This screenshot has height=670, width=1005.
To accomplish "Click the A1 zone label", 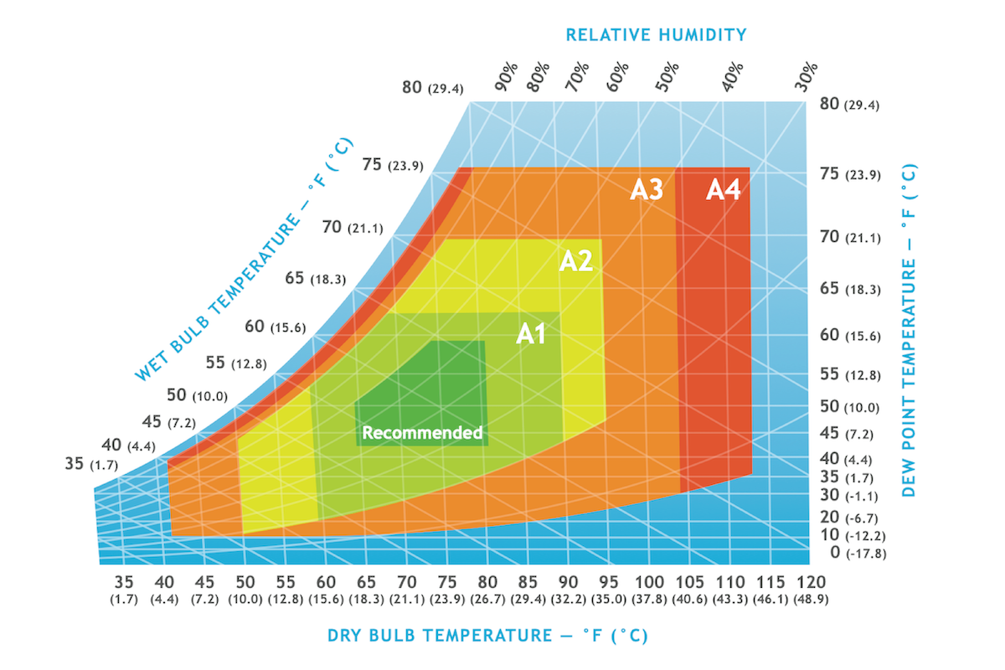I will pyautogui.click(x=531, y=334).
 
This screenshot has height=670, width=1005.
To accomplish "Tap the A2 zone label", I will pyautogui.click(x=576, y=261).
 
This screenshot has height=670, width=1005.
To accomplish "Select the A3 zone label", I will pyautogui.click(x=647, y=190).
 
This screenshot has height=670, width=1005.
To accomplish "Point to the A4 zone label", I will pyautogui.click(x=723, y=190).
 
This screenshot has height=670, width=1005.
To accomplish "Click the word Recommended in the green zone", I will pyautogui.click(x=422, y=433).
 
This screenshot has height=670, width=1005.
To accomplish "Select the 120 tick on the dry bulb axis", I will pyautogui.click(x=812, y=582).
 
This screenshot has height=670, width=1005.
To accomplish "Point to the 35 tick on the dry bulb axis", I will pyautogui.click(x=124, y=582).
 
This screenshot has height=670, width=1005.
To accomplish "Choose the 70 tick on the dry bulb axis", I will pyautogui.click(x=406, y=582).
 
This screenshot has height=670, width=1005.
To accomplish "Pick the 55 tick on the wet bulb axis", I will pyautogui.click(x=215, y=362).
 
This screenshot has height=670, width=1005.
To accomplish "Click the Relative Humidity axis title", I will pyautogui.click(x=656, y=34).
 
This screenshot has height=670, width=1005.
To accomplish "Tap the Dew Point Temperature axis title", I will pyautogui.click(x=909, y=330).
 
